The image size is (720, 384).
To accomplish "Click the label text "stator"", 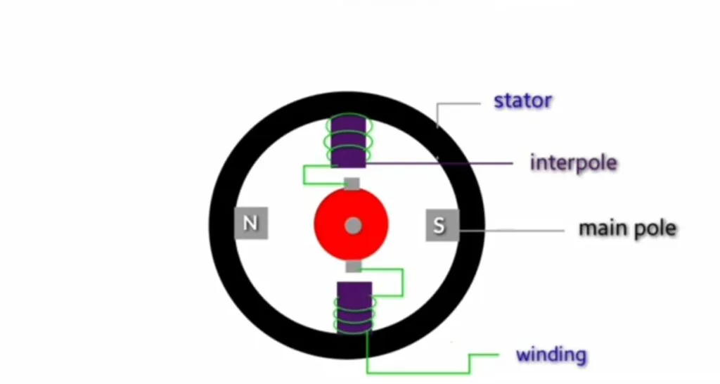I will pos(522,101).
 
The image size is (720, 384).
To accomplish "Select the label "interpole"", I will pos(573,163).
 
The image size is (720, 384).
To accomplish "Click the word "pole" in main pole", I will pos(655,229).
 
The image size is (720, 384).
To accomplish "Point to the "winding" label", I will pos(551,354).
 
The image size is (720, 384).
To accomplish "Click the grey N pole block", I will pos(250,224).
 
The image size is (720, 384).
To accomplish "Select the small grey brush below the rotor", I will pos(354,267).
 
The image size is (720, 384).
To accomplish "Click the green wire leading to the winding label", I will pos(422,371).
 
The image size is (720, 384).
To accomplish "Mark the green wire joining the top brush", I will pos(304,176).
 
